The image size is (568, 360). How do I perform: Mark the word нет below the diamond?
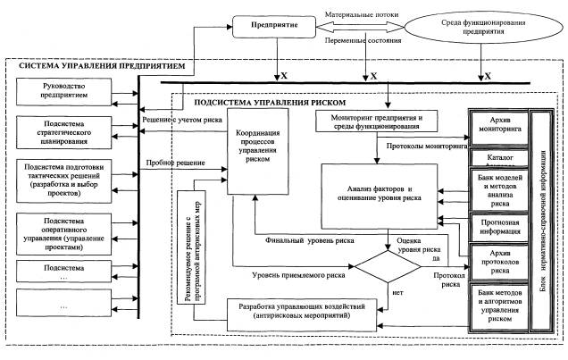[x=392, y=291]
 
